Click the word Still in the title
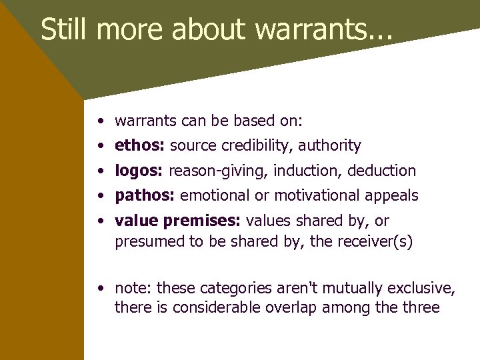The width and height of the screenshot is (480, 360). tap(65, 30)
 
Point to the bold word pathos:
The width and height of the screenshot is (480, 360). tap(145, 195)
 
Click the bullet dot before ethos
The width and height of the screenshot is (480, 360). tap(99, 146)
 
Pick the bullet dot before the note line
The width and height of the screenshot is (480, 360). tap(99, 289)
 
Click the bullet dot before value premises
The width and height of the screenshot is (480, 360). tap(99, 221)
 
